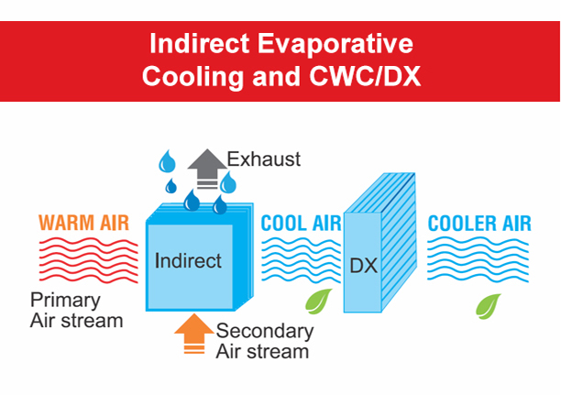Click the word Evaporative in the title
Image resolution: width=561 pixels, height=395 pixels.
[x=335, y=45]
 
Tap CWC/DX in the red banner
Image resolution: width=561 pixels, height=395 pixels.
[x=365, y=76]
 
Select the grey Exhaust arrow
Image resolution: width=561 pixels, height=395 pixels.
[x=207, y=169]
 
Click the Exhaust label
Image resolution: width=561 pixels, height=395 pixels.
[x=264, y=159]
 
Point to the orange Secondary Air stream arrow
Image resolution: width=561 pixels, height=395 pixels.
[x=194, y=334]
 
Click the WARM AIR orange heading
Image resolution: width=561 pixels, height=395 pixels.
[x=83, y=223]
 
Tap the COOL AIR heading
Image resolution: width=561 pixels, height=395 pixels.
[x=301, y=224]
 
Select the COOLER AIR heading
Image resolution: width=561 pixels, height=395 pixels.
[x=479, y=224]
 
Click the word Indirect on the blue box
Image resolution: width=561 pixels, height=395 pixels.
[x=188, y=260]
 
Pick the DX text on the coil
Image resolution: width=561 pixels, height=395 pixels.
[x=364, y=266]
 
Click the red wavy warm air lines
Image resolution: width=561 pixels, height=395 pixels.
[x=88, y=260]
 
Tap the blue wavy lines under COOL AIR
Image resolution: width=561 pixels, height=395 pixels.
[x=302, y=260]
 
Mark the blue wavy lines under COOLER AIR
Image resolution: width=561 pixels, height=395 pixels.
[x=478, y=260]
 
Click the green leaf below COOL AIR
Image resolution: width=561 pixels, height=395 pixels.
[x=318, y=302]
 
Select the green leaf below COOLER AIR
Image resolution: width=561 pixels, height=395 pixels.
[x=489, y=306]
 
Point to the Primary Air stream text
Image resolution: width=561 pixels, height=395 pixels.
[x=77, y=310]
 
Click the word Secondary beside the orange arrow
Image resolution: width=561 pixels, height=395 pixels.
[x=265, y=331]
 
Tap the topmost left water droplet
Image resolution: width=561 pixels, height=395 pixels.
[x=167, y=161]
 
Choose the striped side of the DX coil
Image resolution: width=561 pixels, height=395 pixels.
[x=398, y=243]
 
